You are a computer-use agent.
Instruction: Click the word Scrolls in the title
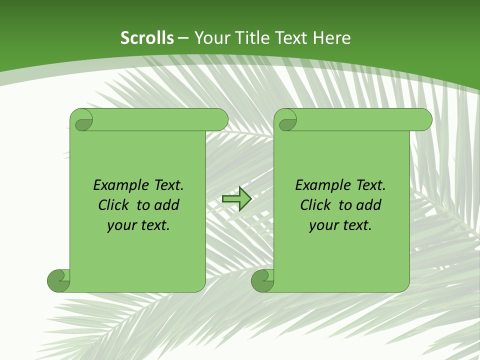click(x=147, y=38)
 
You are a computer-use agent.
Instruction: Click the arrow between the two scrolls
click(x=236, y=199)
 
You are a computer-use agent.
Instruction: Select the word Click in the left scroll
click(x=113, y=205)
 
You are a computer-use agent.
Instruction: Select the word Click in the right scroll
click(x=315, y=205)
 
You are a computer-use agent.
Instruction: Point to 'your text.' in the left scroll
click(x=138, y=225)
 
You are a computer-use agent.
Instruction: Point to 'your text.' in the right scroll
click(x=340, y=225)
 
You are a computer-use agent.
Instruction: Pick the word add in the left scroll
click(x=167, y=205)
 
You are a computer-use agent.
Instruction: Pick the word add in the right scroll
click(x=369, y=205)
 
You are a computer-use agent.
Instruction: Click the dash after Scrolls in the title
click(x=183, y=38)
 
